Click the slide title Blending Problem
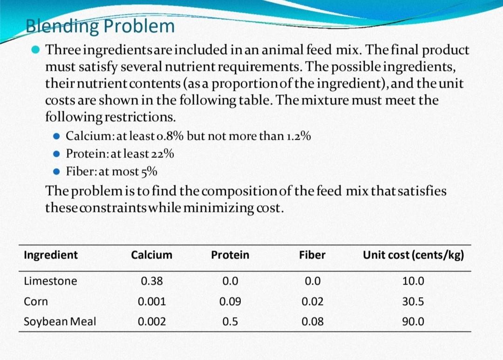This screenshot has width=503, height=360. pos(100,26)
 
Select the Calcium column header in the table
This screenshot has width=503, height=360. pos(151,255)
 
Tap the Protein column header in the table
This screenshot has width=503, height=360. pos(230,255)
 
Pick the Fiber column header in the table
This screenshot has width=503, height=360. pos(312,255)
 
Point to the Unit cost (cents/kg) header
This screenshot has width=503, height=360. pos(413,255)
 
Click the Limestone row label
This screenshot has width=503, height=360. pos(50,281)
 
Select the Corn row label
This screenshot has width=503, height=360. pos(36,301)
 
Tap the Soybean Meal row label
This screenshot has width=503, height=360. pos(60,321)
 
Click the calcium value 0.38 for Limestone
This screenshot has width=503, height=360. pos(151,281)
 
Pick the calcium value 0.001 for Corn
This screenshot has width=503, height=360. pos(151,301)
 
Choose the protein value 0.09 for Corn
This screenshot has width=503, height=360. pos(230,301)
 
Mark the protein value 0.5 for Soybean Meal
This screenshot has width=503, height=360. pos(230,321)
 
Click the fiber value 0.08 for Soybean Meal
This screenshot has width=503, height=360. pos(312,321)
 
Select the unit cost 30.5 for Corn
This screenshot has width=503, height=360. pos(413,301)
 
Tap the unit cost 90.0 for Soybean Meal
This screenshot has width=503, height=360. pos(413,321)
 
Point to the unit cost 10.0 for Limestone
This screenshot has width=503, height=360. pos(413,281)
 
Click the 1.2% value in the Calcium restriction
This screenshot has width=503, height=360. pos(299,136)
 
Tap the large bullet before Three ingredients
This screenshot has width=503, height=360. pos(35,50)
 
